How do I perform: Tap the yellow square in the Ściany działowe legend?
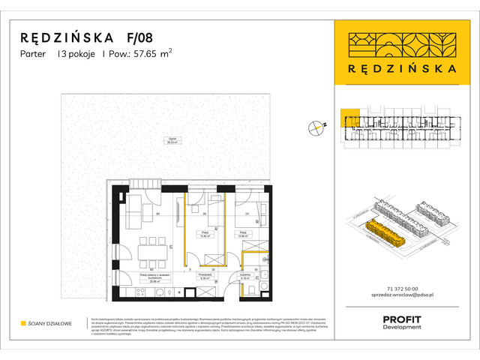23,323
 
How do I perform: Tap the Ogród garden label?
173,141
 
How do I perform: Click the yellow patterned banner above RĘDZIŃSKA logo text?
406,42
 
